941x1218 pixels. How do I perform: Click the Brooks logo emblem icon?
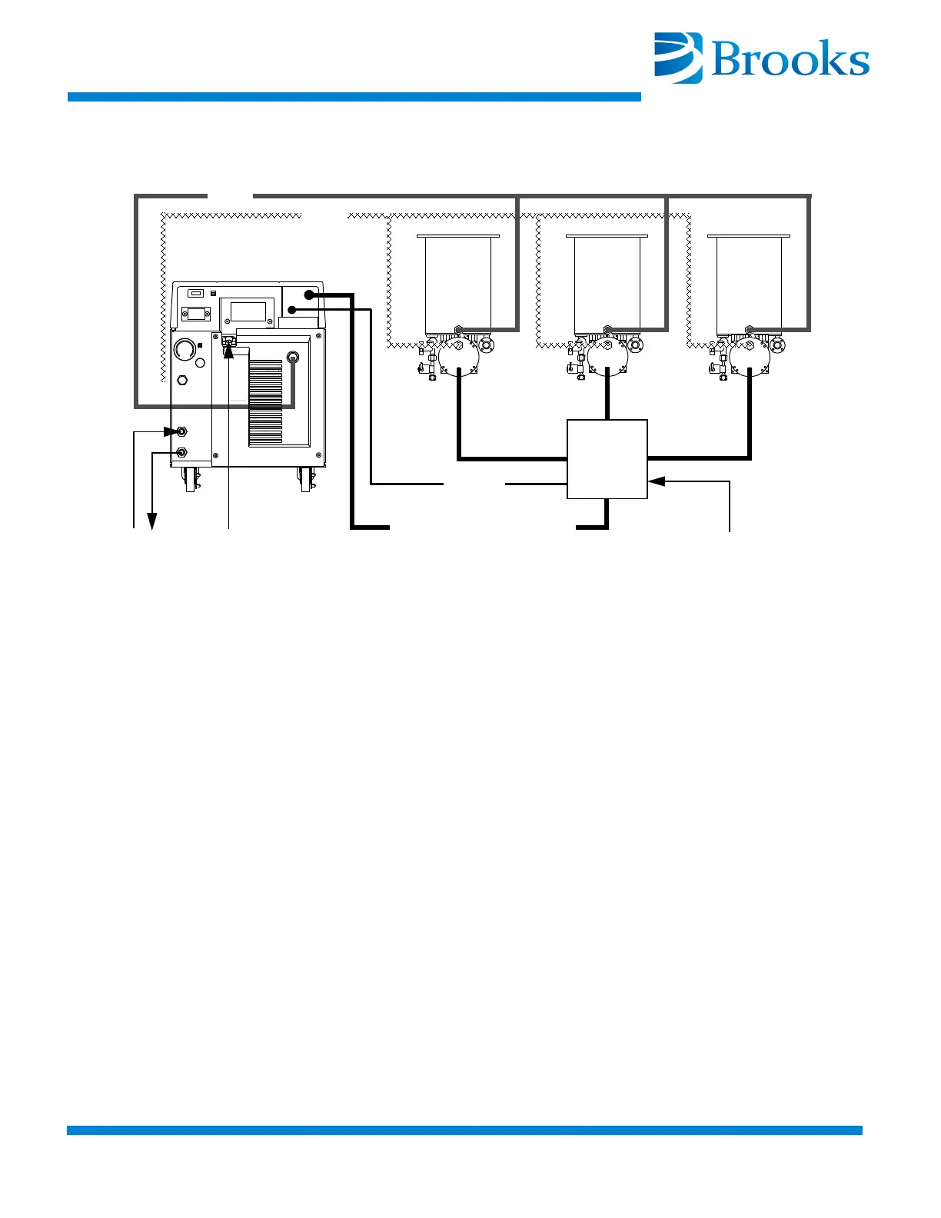click(x=677, y=57)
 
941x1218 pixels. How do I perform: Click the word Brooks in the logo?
click(x=790, y=60)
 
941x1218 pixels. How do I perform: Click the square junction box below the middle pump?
click(x=607, y=459)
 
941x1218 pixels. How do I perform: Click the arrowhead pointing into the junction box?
click(x=655, y=481)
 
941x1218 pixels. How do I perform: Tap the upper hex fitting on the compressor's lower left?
click(x=182, y=432)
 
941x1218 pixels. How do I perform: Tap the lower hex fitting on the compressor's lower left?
click(x=182, y=453)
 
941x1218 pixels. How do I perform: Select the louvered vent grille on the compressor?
click(x=265, y=401)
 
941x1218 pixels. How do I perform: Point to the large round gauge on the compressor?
click(x=185, y=350)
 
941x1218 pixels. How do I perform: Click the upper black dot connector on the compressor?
click(x=309, y=295)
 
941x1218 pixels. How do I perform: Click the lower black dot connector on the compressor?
click(x=292, y=309)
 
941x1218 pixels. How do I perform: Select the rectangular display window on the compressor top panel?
click(x=248, y=311)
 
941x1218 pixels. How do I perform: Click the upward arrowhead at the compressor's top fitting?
click(x=228, y=351)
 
